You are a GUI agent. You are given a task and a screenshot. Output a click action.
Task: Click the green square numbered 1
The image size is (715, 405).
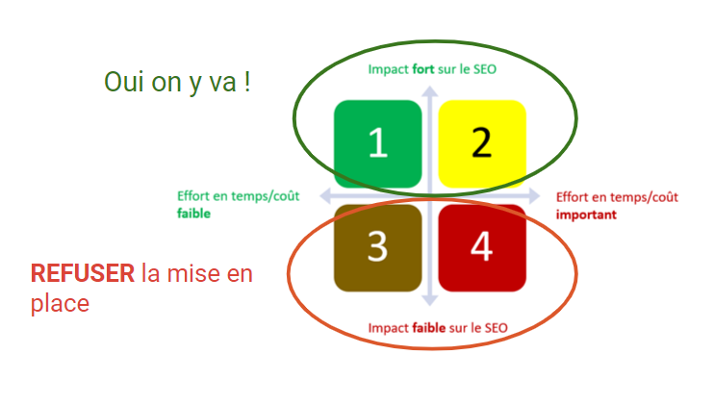[377, 144]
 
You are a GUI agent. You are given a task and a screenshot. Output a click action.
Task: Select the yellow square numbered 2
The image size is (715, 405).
[482, 144]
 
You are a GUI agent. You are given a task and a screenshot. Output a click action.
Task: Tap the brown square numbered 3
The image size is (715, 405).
[377, 247]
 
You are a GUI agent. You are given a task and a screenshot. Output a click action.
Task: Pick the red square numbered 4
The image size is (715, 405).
[482, 247]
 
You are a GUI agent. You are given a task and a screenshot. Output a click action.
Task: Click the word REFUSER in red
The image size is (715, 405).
[82, 273]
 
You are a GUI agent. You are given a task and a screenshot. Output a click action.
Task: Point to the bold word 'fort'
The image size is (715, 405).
[425, 69]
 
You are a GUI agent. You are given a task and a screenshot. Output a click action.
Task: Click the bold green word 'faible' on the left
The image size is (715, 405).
[193, 214]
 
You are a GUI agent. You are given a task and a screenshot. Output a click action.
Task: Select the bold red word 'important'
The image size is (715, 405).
[586, 214]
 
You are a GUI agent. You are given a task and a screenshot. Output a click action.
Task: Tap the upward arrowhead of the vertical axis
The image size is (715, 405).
[430, 92]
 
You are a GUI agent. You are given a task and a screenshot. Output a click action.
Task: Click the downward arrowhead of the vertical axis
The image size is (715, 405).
[430, 300]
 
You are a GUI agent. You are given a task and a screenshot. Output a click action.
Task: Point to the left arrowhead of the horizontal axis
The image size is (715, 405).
[325, 196]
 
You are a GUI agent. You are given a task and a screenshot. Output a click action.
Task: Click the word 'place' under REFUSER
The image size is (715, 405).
[60, 303]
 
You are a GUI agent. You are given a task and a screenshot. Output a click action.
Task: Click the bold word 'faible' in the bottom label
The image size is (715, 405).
[429, 328]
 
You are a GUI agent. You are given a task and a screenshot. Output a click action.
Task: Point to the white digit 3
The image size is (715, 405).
[377, 247]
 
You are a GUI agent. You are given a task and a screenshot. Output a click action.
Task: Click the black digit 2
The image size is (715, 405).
[482, 144]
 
